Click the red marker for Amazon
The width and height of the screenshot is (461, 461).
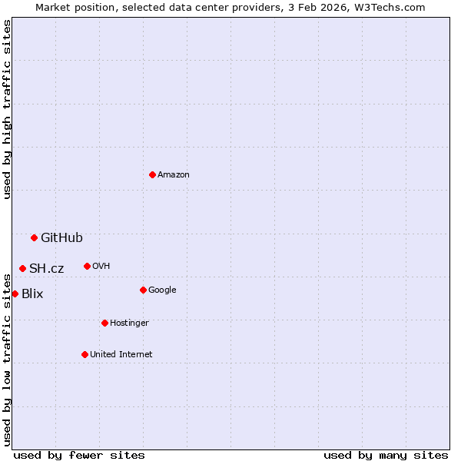tap(152, 174)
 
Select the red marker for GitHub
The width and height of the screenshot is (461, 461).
tap(34, 237)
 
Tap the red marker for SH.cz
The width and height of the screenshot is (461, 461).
tap(22, 268)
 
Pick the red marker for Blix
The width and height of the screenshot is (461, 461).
tap(15, 294)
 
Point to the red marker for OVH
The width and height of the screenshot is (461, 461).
tap(87, 266)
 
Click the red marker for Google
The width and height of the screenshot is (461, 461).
tap(143, 290)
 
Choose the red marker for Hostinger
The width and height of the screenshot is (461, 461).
tap(104, 323)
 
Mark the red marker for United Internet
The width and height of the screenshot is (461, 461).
tap(85, 354)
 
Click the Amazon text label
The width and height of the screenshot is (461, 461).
tap(174, 174)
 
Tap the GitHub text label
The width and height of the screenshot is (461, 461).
tap(61, 237)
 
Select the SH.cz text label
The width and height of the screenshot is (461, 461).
tap(47, 268)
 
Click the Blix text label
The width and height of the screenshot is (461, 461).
tap(32, 294)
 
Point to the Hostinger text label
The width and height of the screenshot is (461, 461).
tap(129, 323)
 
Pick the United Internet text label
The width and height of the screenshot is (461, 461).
tap(121, 354)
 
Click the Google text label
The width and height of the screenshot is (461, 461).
tap(162, 290)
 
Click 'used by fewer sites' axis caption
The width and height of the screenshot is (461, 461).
tap(79, 455)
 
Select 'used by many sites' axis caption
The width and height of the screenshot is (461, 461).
tap(386, 455)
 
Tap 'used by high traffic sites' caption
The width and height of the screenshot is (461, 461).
tap(7, 109)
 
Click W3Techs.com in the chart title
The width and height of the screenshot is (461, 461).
tap(393, 7)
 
